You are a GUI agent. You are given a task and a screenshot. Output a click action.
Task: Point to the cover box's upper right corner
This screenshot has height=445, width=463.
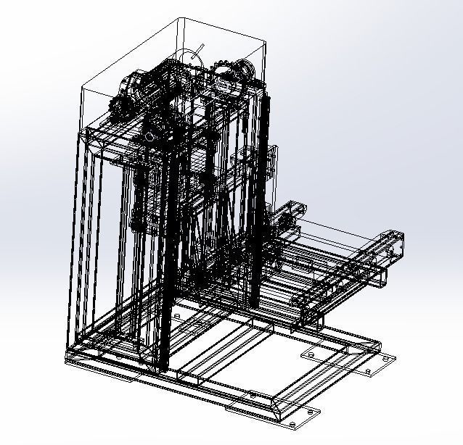tap(263, 43)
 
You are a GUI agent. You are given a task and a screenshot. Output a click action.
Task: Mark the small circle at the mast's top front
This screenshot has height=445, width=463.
tap(150, 136)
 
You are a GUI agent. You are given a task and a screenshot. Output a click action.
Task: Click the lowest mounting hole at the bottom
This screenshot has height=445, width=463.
tap(294, 423)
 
